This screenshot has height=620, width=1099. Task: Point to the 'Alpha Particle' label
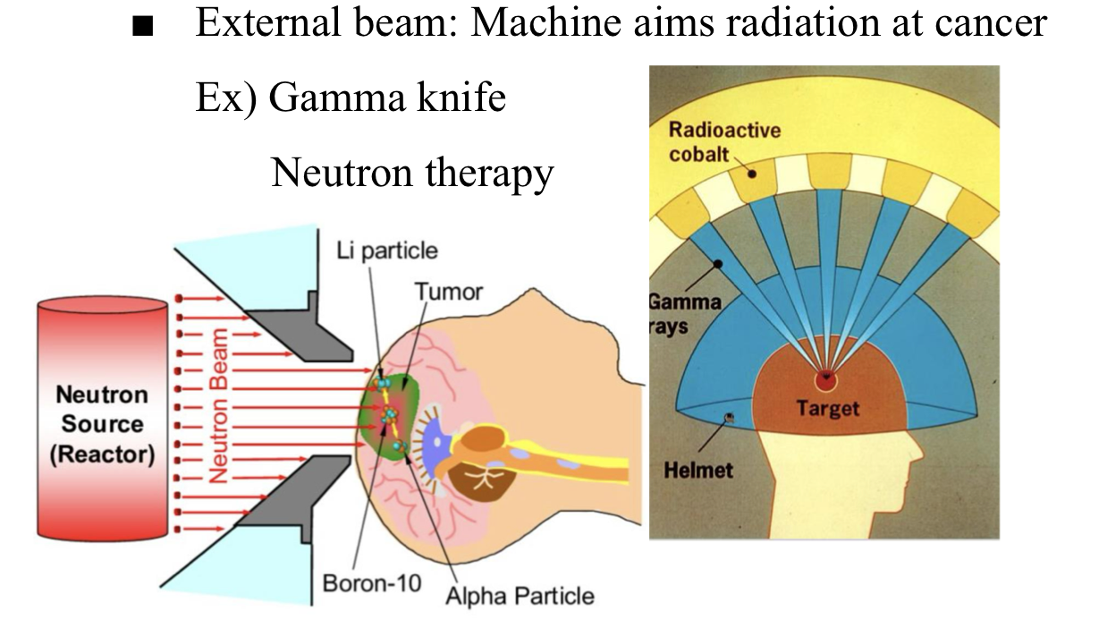click(519, 594)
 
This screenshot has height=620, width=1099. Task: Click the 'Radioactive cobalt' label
click(723, 141)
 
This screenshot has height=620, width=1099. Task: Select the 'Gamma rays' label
click(685, 313)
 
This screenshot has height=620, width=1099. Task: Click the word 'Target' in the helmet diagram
click(827, 409)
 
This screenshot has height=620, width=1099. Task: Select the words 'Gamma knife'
click(386, 97)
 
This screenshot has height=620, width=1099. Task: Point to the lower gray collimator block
click(286, 501)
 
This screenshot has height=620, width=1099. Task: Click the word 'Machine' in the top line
click(546, 21)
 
